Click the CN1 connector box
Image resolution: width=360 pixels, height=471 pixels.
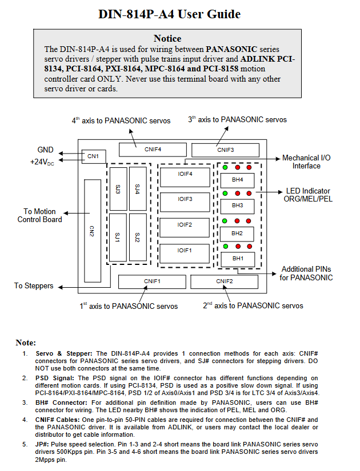coord(94,156)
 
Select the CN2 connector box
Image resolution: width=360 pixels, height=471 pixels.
coord(93,231)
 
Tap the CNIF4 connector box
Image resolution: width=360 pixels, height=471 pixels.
coord(153,150)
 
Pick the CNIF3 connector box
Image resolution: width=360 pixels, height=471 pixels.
coord(225,150)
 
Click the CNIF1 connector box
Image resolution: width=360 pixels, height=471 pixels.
coord(152,282)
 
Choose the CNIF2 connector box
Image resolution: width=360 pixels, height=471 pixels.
coord(225,282)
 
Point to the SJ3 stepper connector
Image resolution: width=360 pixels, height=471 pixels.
coord(118,189)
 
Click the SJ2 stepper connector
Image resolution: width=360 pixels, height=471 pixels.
coord(138,237)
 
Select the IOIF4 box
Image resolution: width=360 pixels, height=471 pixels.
coord(185,177)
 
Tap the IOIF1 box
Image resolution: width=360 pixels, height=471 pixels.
coord(185,253)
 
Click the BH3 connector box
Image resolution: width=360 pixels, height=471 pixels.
coord(237,206)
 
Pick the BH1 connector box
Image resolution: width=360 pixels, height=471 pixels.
coord(238,259)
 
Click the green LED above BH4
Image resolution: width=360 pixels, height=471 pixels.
coord(225,167)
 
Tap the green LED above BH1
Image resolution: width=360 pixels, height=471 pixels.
coord(226,247)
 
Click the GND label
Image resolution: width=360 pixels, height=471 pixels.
coord(45,150)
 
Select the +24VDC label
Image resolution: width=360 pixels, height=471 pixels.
coord(42,162)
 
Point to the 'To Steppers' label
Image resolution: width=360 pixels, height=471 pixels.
coord(34,286)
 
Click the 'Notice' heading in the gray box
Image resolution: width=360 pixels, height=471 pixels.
coord(167,38)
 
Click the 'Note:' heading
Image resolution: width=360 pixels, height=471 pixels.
coord(26,343)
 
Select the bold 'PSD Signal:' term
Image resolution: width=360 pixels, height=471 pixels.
coord(54,378)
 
